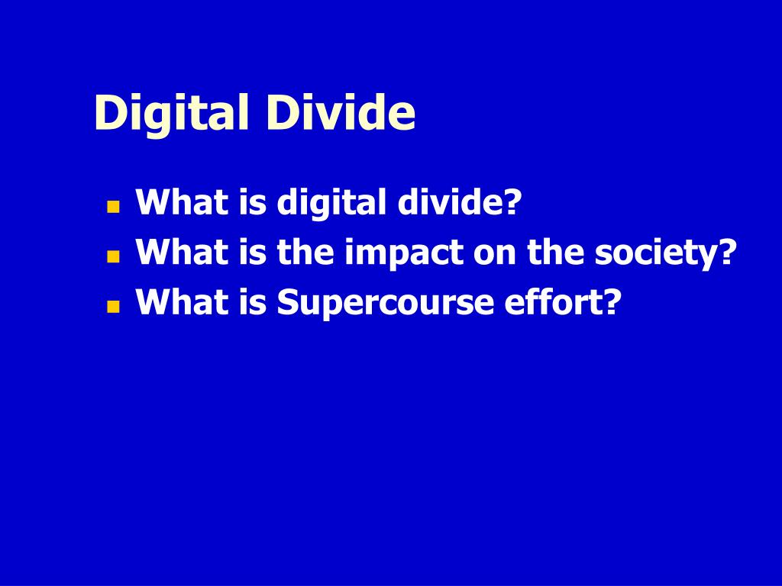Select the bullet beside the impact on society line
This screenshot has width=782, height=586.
point(114,257)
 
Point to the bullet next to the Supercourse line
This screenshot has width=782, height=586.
point(114,307)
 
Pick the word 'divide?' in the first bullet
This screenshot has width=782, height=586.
point(458,203)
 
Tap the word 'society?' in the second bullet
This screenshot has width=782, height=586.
point(667,253)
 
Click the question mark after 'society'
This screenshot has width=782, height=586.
point(729,253)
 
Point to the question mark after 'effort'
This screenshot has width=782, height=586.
point(610,303)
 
